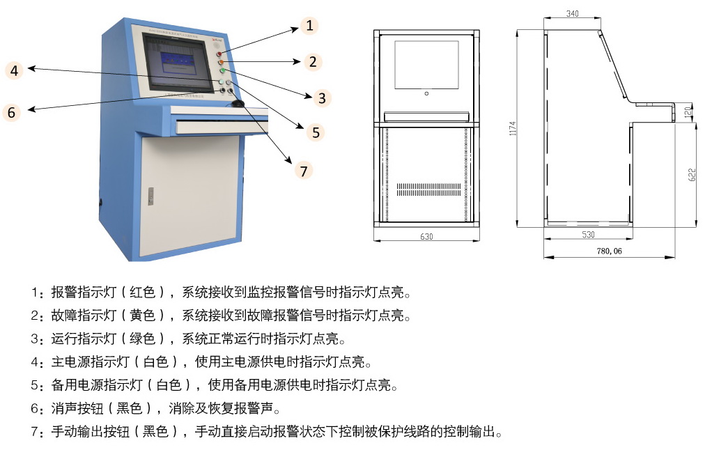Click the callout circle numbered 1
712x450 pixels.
[310, 26]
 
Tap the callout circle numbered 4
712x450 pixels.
[14, 70]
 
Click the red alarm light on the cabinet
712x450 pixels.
[219, 53]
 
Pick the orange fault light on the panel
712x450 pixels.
[221, 62]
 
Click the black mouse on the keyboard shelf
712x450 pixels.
[238, 104]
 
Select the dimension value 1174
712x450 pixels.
[513, 128]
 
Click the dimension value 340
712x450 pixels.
[573, 14]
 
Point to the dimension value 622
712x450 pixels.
[692, 174]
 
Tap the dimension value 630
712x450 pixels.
[426, 237]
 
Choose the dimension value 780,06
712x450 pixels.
[610, 251]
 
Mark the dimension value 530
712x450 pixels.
[588, 235]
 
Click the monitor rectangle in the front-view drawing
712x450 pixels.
[426, 64]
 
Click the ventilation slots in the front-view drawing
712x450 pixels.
[426, 189]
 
